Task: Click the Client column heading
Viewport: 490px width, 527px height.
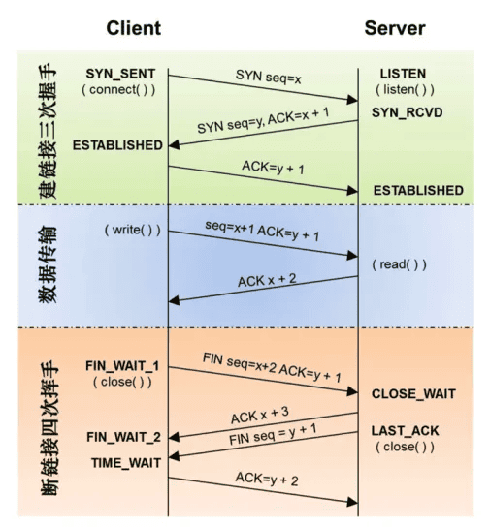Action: pos(134,28)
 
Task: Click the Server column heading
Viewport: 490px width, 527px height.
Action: pos(395,28)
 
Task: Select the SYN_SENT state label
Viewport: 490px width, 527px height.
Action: pos(120,74)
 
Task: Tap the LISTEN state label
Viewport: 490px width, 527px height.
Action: pos(403,74)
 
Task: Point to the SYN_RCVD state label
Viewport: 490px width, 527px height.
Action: pos(408,112)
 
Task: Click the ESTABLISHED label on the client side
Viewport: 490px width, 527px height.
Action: pos(117,145)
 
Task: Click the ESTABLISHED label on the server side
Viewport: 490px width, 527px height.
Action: pos(418,190)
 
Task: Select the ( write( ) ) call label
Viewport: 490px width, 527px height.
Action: pos(133,230)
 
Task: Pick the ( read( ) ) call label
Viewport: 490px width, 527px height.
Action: pos(399,264)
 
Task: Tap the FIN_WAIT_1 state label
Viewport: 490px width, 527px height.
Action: pos(122,365)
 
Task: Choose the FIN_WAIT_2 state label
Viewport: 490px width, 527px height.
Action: pos(123,437)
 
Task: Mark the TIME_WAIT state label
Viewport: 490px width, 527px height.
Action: pos(126,463)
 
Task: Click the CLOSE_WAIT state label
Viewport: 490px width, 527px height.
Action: pos(413,393)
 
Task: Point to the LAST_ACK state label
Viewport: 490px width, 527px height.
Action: pos(406,430)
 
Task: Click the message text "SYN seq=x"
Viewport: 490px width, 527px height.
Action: pos(268,77)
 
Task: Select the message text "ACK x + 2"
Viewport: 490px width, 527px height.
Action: pos(267,280)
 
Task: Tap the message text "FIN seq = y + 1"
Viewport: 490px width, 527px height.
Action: pos(273,434)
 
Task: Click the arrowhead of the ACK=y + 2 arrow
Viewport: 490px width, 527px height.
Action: pos(352,502)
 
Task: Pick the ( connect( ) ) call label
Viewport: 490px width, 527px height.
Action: pos(118,90)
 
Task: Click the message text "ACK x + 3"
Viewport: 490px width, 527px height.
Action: pos(260,416)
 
